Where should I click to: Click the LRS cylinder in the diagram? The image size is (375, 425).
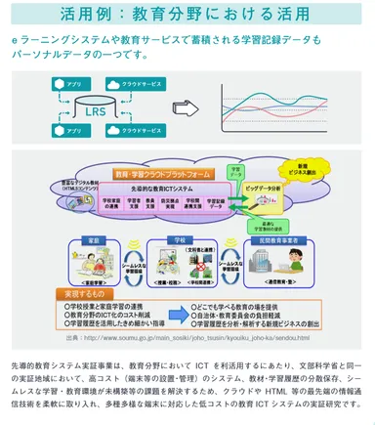(95, 109)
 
